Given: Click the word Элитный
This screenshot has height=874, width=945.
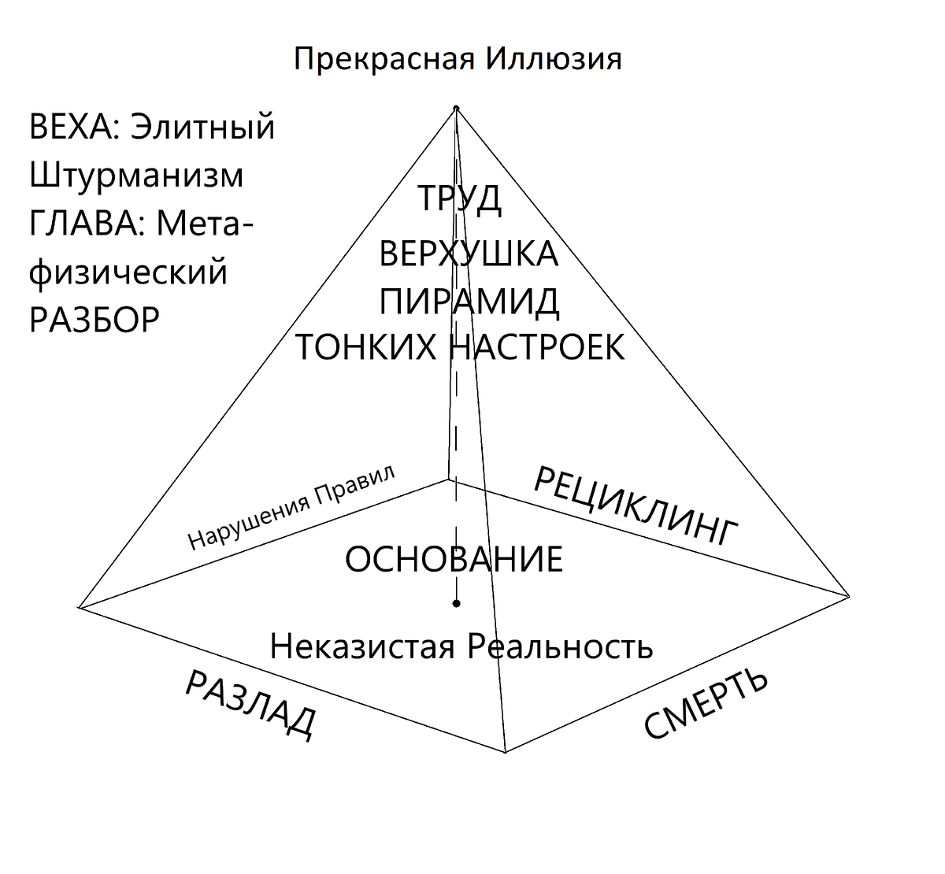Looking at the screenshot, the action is (202, 128).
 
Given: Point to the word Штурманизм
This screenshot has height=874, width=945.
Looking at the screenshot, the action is (136, 176).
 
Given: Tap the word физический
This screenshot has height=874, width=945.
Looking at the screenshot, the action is (128, 272).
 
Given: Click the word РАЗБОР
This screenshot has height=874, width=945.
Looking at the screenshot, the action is (94, 320).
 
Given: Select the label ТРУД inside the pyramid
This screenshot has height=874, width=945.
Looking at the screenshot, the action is (459, 198).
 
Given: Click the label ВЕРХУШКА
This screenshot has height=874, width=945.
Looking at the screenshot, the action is (469, 254).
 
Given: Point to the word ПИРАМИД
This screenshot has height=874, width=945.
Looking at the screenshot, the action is (469, 301).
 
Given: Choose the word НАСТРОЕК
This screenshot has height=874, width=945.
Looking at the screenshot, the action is (536, 347).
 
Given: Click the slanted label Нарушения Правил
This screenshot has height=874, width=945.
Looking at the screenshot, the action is (292, 506).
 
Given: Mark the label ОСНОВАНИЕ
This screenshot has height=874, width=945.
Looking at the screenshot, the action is (454, 559).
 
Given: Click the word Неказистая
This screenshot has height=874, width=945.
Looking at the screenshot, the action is (362, 647).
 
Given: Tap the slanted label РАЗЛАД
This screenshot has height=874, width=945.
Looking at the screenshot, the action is (250, 705).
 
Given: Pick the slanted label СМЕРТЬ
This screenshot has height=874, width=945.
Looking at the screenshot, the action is (706, 705).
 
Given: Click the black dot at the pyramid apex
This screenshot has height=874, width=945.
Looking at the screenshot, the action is (456, 108).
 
